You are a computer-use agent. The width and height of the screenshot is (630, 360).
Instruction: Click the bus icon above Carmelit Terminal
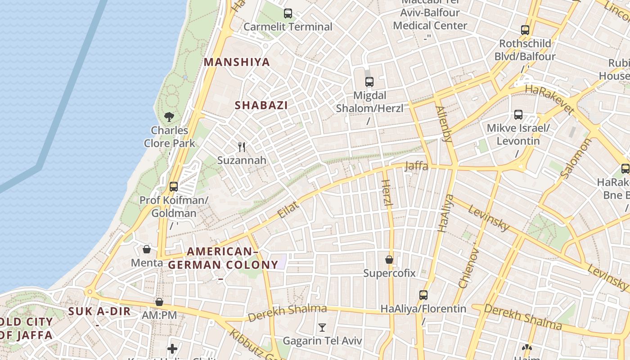point(288,13)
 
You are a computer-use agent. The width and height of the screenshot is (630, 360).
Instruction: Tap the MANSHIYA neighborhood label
point(237,62)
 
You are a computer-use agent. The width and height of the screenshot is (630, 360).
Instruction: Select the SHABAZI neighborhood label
point(261,105)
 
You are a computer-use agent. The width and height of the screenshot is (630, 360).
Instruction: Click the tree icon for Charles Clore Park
point(169,117)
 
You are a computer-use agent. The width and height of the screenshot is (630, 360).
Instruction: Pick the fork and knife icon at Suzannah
point(242,147)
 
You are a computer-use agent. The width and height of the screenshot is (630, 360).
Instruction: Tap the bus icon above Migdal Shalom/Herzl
point(369,82)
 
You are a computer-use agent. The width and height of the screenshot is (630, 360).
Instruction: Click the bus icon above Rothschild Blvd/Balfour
point(525,30)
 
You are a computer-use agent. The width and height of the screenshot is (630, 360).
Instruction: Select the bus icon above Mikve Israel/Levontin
point(518,115)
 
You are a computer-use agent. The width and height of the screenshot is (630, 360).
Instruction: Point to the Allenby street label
point(444,124)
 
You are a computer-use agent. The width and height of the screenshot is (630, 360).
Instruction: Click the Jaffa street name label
point(417,166)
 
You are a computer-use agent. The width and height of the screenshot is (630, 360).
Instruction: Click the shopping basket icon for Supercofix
point(389,260)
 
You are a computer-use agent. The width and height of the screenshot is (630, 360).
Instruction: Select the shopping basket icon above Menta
point(147,249)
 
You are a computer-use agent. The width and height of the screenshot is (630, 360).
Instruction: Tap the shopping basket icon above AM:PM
point(159,302)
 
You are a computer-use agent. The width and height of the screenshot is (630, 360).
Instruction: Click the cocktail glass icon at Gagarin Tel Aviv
point(322,327)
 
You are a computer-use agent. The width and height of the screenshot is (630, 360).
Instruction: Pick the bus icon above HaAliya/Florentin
point(423,295)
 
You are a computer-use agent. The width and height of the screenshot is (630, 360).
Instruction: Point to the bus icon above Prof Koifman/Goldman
point(174,186)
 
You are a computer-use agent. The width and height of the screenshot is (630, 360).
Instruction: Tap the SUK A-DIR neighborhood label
point(99,311)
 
